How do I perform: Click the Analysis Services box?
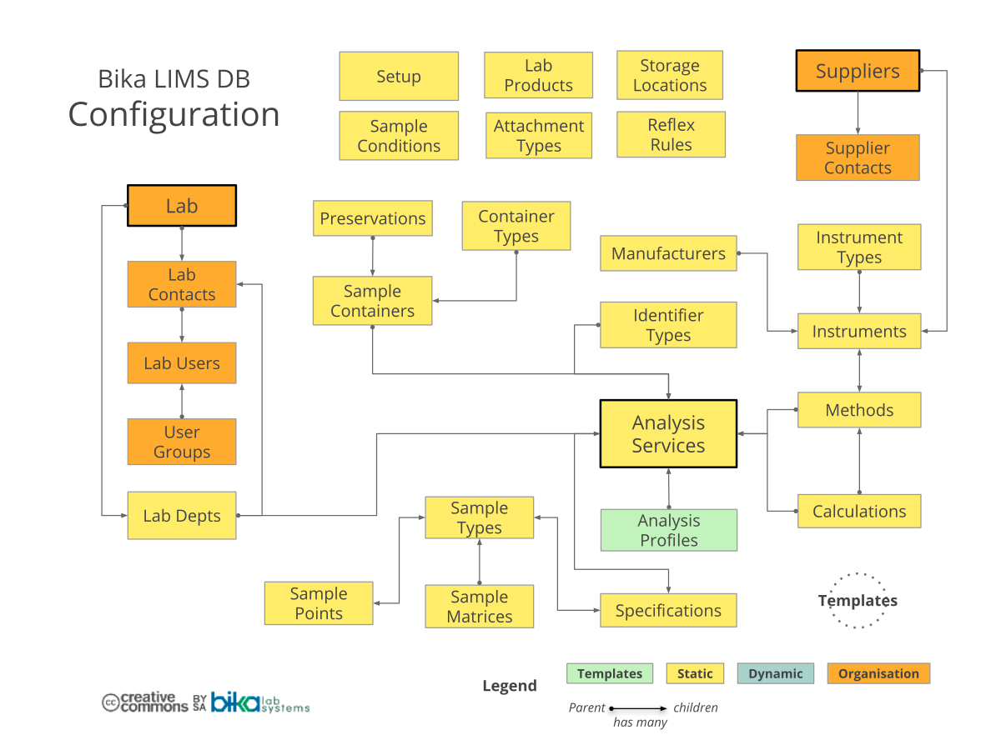[668, 433]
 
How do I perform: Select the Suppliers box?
[858, 71]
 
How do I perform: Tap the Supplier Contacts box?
[858, 157]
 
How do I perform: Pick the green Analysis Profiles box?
[668, 530]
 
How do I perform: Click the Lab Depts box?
[182, 516]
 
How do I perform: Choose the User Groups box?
[182, 442]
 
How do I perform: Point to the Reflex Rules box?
[671, 134]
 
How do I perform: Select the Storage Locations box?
[669, 75]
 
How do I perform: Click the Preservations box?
[373, 218]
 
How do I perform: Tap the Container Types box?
[516, 226]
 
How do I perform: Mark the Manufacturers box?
[668, 253]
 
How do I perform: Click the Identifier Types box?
[668, 325]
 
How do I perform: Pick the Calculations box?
[859, 511]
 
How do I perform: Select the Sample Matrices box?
[479, 607]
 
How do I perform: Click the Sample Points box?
[319, 603]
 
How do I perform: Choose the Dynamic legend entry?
[775, 673]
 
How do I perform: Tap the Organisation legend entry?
[878, 673]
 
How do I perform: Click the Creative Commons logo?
[145, 702]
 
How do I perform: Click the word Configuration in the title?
[174, 114]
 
